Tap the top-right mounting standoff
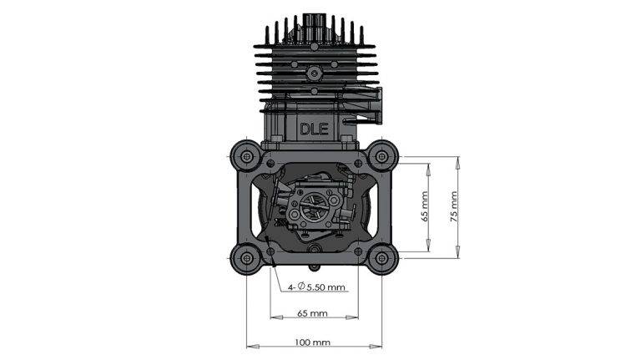tap(381, 155)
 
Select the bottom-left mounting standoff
tap(246, 258)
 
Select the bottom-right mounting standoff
tap(381, 258)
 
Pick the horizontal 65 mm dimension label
tap(313, 314)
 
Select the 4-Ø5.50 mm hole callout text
tap(316, 287)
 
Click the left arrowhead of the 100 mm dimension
tap(250, 343)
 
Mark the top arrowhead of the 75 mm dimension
tap(457, 159)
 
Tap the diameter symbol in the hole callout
tap(301, 287)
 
